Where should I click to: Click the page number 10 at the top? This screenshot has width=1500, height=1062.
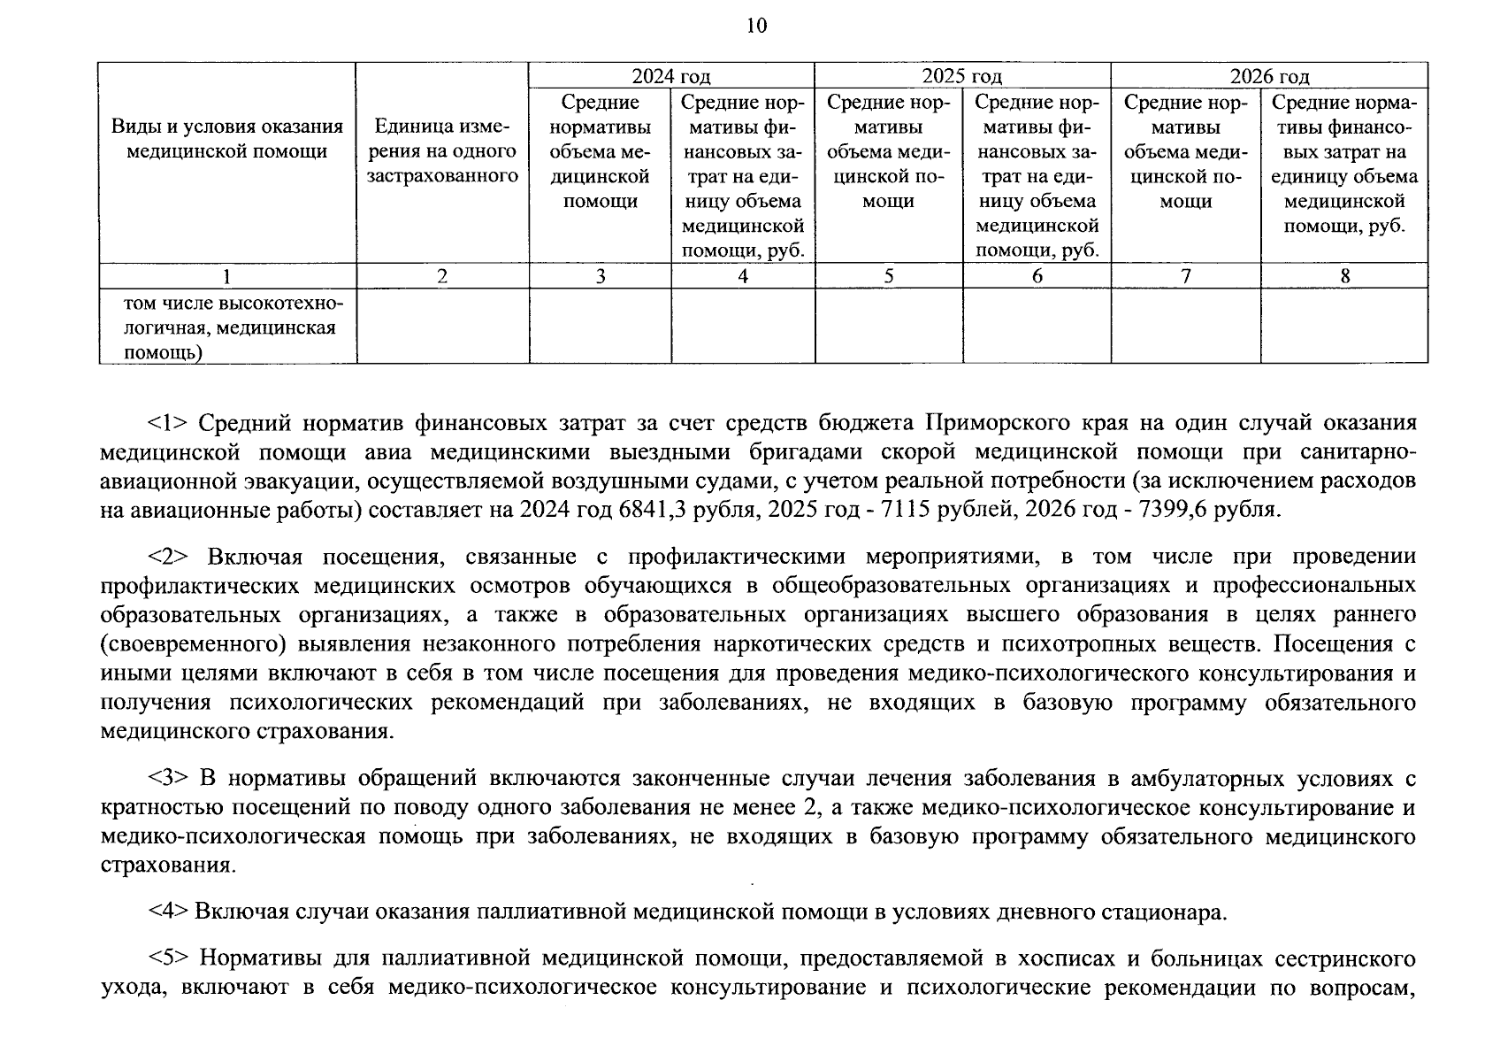(756, 26)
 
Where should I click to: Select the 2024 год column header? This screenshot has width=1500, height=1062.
(670, 76)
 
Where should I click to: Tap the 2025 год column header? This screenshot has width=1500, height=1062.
(961, 76)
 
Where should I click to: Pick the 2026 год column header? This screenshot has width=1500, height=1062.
(1269, 76)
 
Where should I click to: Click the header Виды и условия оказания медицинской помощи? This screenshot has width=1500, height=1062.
(226, 139)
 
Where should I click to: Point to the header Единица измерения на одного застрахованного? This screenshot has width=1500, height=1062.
(442, 151)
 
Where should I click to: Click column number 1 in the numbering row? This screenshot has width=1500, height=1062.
(226, 276)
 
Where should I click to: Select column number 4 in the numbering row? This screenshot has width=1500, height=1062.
(743, 276)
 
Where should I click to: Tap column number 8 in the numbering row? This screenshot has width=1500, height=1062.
(1344, 276)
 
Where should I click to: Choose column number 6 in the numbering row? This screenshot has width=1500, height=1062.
(1037, 276)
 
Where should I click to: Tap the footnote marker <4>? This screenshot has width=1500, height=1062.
(167, 912)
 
